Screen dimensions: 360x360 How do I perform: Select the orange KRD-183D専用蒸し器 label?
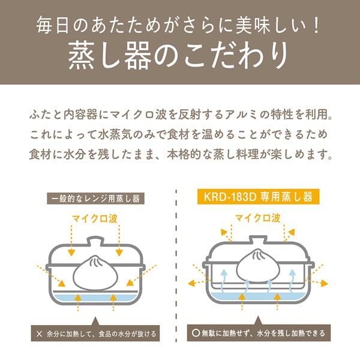(x=257, y=196)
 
